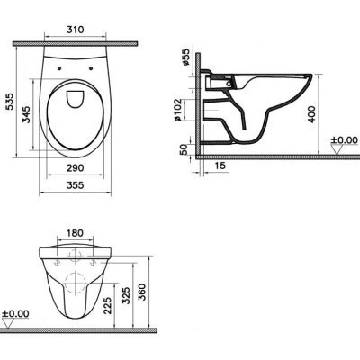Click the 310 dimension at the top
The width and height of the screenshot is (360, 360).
[x=75, y=30]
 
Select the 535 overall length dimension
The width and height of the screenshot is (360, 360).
[x=10, y=102]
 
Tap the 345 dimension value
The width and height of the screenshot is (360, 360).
[x=26, y=114]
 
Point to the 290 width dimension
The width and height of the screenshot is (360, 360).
[x=75, y=168]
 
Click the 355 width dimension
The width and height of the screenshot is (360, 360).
[x=75, y=185]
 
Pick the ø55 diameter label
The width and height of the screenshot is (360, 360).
[x=185, y=57]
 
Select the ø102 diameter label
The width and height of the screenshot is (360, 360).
[x=177, y=110]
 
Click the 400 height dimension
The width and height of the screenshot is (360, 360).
[x=311, y=114]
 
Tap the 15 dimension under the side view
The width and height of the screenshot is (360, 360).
[x=220, y=166]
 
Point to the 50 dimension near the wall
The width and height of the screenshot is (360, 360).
[x=184, y=149]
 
